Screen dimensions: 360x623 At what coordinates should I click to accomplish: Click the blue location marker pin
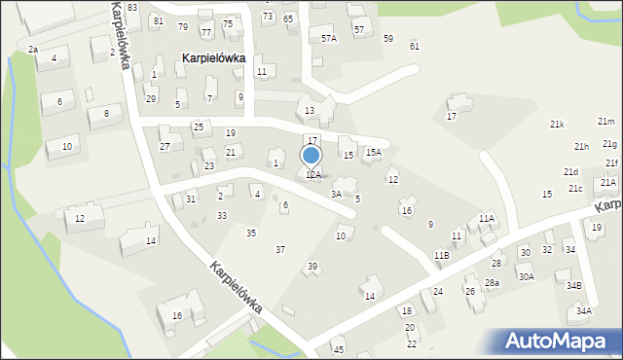(311, 156)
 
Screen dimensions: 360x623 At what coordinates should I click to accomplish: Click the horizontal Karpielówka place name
(213, 58)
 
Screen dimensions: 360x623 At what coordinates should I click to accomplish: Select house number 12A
(313, 175)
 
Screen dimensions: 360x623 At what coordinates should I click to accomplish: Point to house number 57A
(329, 38)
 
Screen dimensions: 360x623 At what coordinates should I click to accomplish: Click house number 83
(131, 8)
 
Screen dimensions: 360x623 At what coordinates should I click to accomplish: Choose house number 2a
(33, 49)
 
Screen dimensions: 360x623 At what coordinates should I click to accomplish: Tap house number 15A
(374, 153)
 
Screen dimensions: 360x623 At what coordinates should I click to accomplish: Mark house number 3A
(336, 195)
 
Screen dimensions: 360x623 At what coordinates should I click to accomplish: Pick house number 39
(312, 267)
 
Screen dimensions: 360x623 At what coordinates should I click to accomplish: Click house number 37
(280, 250)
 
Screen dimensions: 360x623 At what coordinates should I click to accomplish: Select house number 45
(338, 350)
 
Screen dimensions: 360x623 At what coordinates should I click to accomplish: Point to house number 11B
(442, 255)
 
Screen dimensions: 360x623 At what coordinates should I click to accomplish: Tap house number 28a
(493, 283)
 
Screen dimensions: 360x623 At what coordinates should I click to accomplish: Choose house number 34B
(574, 286)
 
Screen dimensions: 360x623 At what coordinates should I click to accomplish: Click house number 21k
(557, 125)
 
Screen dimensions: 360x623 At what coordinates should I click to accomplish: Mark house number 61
(415, 46)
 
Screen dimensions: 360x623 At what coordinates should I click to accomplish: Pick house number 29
(151, 99)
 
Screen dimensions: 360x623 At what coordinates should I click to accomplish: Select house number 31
(191, 199)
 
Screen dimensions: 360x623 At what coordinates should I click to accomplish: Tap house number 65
(288, 18)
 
